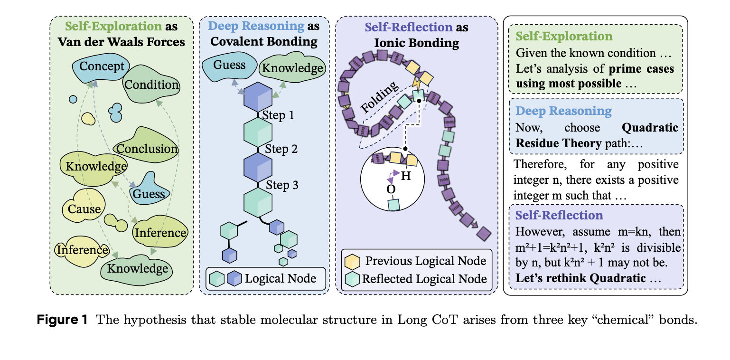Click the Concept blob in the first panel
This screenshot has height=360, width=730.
102,66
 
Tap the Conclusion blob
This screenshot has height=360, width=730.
147,149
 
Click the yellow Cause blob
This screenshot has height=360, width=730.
84,209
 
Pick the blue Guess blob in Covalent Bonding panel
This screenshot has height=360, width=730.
230,65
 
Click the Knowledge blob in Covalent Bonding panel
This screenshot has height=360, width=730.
292,68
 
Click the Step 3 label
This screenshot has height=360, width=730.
282,185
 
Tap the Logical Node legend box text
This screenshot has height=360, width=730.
280,278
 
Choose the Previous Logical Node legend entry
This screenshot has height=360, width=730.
425,261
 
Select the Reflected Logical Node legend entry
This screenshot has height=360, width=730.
424,279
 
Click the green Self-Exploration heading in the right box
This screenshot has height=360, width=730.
564,37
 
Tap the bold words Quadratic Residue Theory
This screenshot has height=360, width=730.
597,135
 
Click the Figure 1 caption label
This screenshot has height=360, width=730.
63,320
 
